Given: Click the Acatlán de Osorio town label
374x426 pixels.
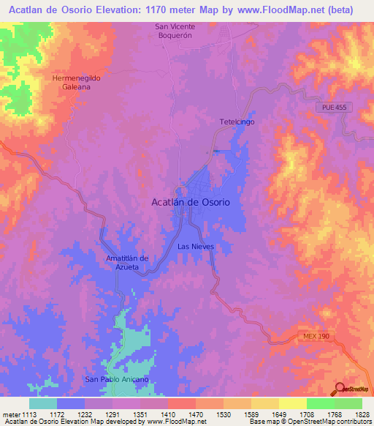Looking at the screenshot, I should coord(190,201).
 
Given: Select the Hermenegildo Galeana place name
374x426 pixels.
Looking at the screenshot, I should coord(75,81).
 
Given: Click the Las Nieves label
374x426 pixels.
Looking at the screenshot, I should coord(196,247).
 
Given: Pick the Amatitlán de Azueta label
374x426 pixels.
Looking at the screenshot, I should coord(127,263).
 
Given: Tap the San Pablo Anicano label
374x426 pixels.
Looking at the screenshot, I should coord(117,379).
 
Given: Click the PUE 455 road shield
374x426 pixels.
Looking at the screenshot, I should coord(332,108).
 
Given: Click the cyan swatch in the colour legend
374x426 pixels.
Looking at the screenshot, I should coord(43,403).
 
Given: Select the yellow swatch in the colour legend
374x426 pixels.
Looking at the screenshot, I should coord(292,403).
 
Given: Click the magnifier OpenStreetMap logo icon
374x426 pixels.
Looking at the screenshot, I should coord(339,388).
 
